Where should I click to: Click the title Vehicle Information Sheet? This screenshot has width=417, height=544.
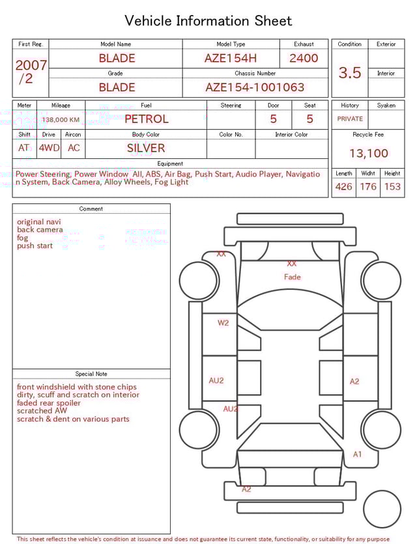click(x=208, y=21)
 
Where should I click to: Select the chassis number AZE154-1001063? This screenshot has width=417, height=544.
click(x=255, y=87)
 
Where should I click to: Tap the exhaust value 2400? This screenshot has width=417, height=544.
click(x=304, y=58)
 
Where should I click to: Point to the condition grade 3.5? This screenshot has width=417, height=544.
click(x=350, y=73)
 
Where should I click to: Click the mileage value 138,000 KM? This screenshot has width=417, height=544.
click(x=61, y=120)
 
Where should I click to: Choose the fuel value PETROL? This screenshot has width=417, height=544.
click(x=146, y=119)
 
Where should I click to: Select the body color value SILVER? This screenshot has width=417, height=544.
click(x=146, y=148)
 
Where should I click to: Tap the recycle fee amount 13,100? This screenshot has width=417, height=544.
click(x=368, y=153)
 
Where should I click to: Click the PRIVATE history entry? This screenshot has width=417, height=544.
click(x=350, y=119)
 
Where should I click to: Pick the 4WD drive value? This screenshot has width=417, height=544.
click(x=49, y=148)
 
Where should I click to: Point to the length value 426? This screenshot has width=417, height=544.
click(x=343, y=187)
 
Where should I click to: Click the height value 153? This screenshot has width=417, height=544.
click(x=392, y=187)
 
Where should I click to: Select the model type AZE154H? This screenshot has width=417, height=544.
click(x=231, y=58)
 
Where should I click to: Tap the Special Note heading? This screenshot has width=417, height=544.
click(x=91, y=374)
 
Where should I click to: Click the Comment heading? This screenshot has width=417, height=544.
click(x=91, y=209)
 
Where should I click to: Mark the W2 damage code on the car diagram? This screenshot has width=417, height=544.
click(x=223, y=322)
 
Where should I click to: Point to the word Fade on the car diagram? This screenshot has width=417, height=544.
click(x=293, y=277)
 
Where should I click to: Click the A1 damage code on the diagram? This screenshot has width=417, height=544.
click(x=357, y=454)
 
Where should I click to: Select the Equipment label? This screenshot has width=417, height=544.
click(x=170, y=164)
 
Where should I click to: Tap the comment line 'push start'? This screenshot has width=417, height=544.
click(x=35, y=246)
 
